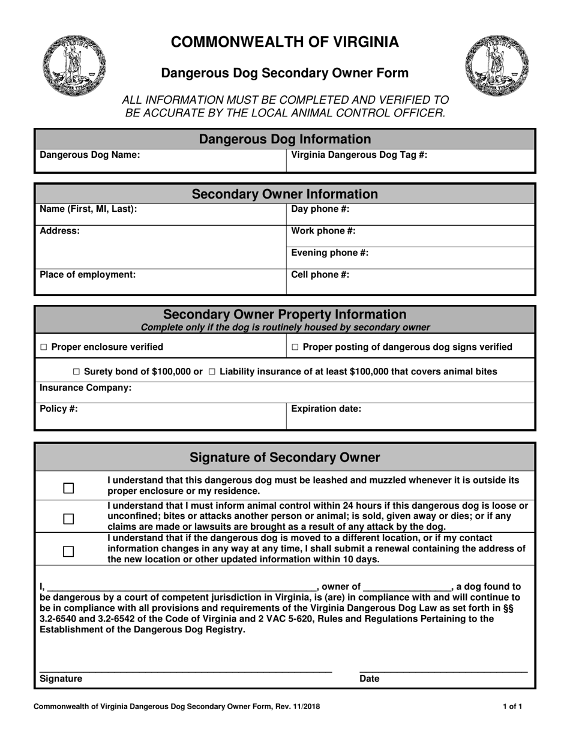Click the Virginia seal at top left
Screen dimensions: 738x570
[74, 65]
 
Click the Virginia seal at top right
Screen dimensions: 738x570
[496, 65]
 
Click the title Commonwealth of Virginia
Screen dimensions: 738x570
[285, 41]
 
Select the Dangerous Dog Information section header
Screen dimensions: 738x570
[285, 139]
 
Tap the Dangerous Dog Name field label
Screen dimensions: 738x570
[90, 155]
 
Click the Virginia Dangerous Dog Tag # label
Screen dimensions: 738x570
[359, 155]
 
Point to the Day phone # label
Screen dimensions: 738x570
[320, 209]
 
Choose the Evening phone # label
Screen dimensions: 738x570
[329, 253]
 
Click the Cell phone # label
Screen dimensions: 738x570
[320, 275]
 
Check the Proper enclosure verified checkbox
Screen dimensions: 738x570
[43, 347]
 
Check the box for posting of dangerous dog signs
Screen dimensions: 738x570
[295, 347]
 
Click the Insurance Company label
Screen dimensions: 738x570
[86, 388]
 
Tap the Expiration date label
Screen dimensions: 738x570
[326, 409]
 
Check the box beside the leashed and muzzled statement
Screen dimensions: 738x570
[68, 488]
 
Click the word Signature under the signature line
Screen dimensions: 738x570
[61, 679]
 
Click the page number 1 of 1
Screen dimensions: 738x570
[512, 707]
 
